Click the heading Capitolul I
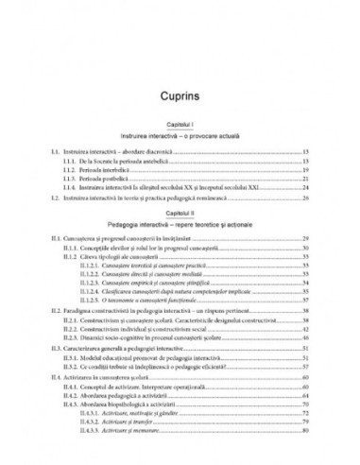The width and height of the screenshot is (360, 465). (x=180, y=126)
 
